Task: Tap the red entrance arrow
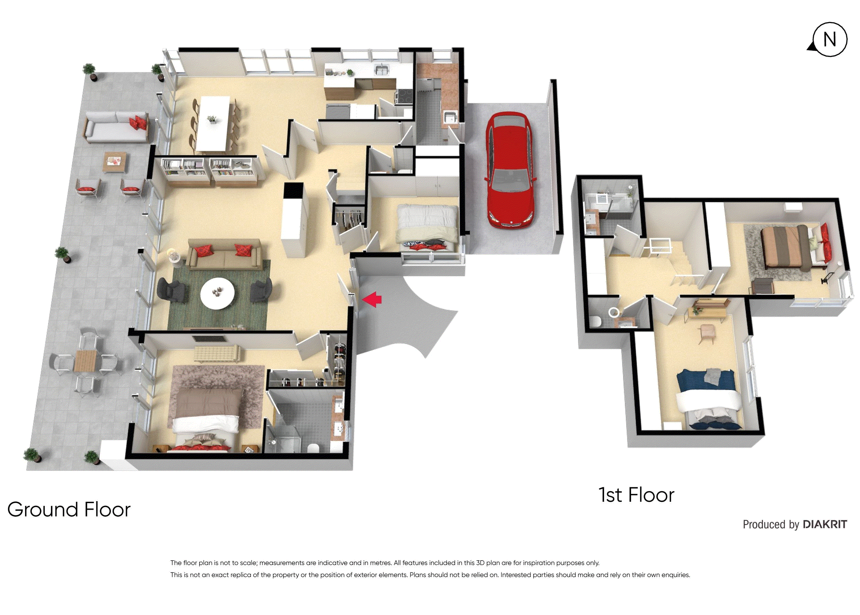click(x=372, y=299)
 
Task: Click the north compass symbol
click(x=829, y=39)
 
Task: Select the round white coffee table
click(x=217, y=293)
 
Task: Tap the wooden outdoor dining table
click(x=86, y=361)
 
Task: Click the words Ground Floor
click(x=69, y=509)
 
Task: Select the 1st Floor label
click(x=636, y=495)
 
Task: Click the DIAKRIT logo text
click(x=825, y=524)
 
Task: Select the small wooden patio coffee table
click(x=115, y=162)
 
